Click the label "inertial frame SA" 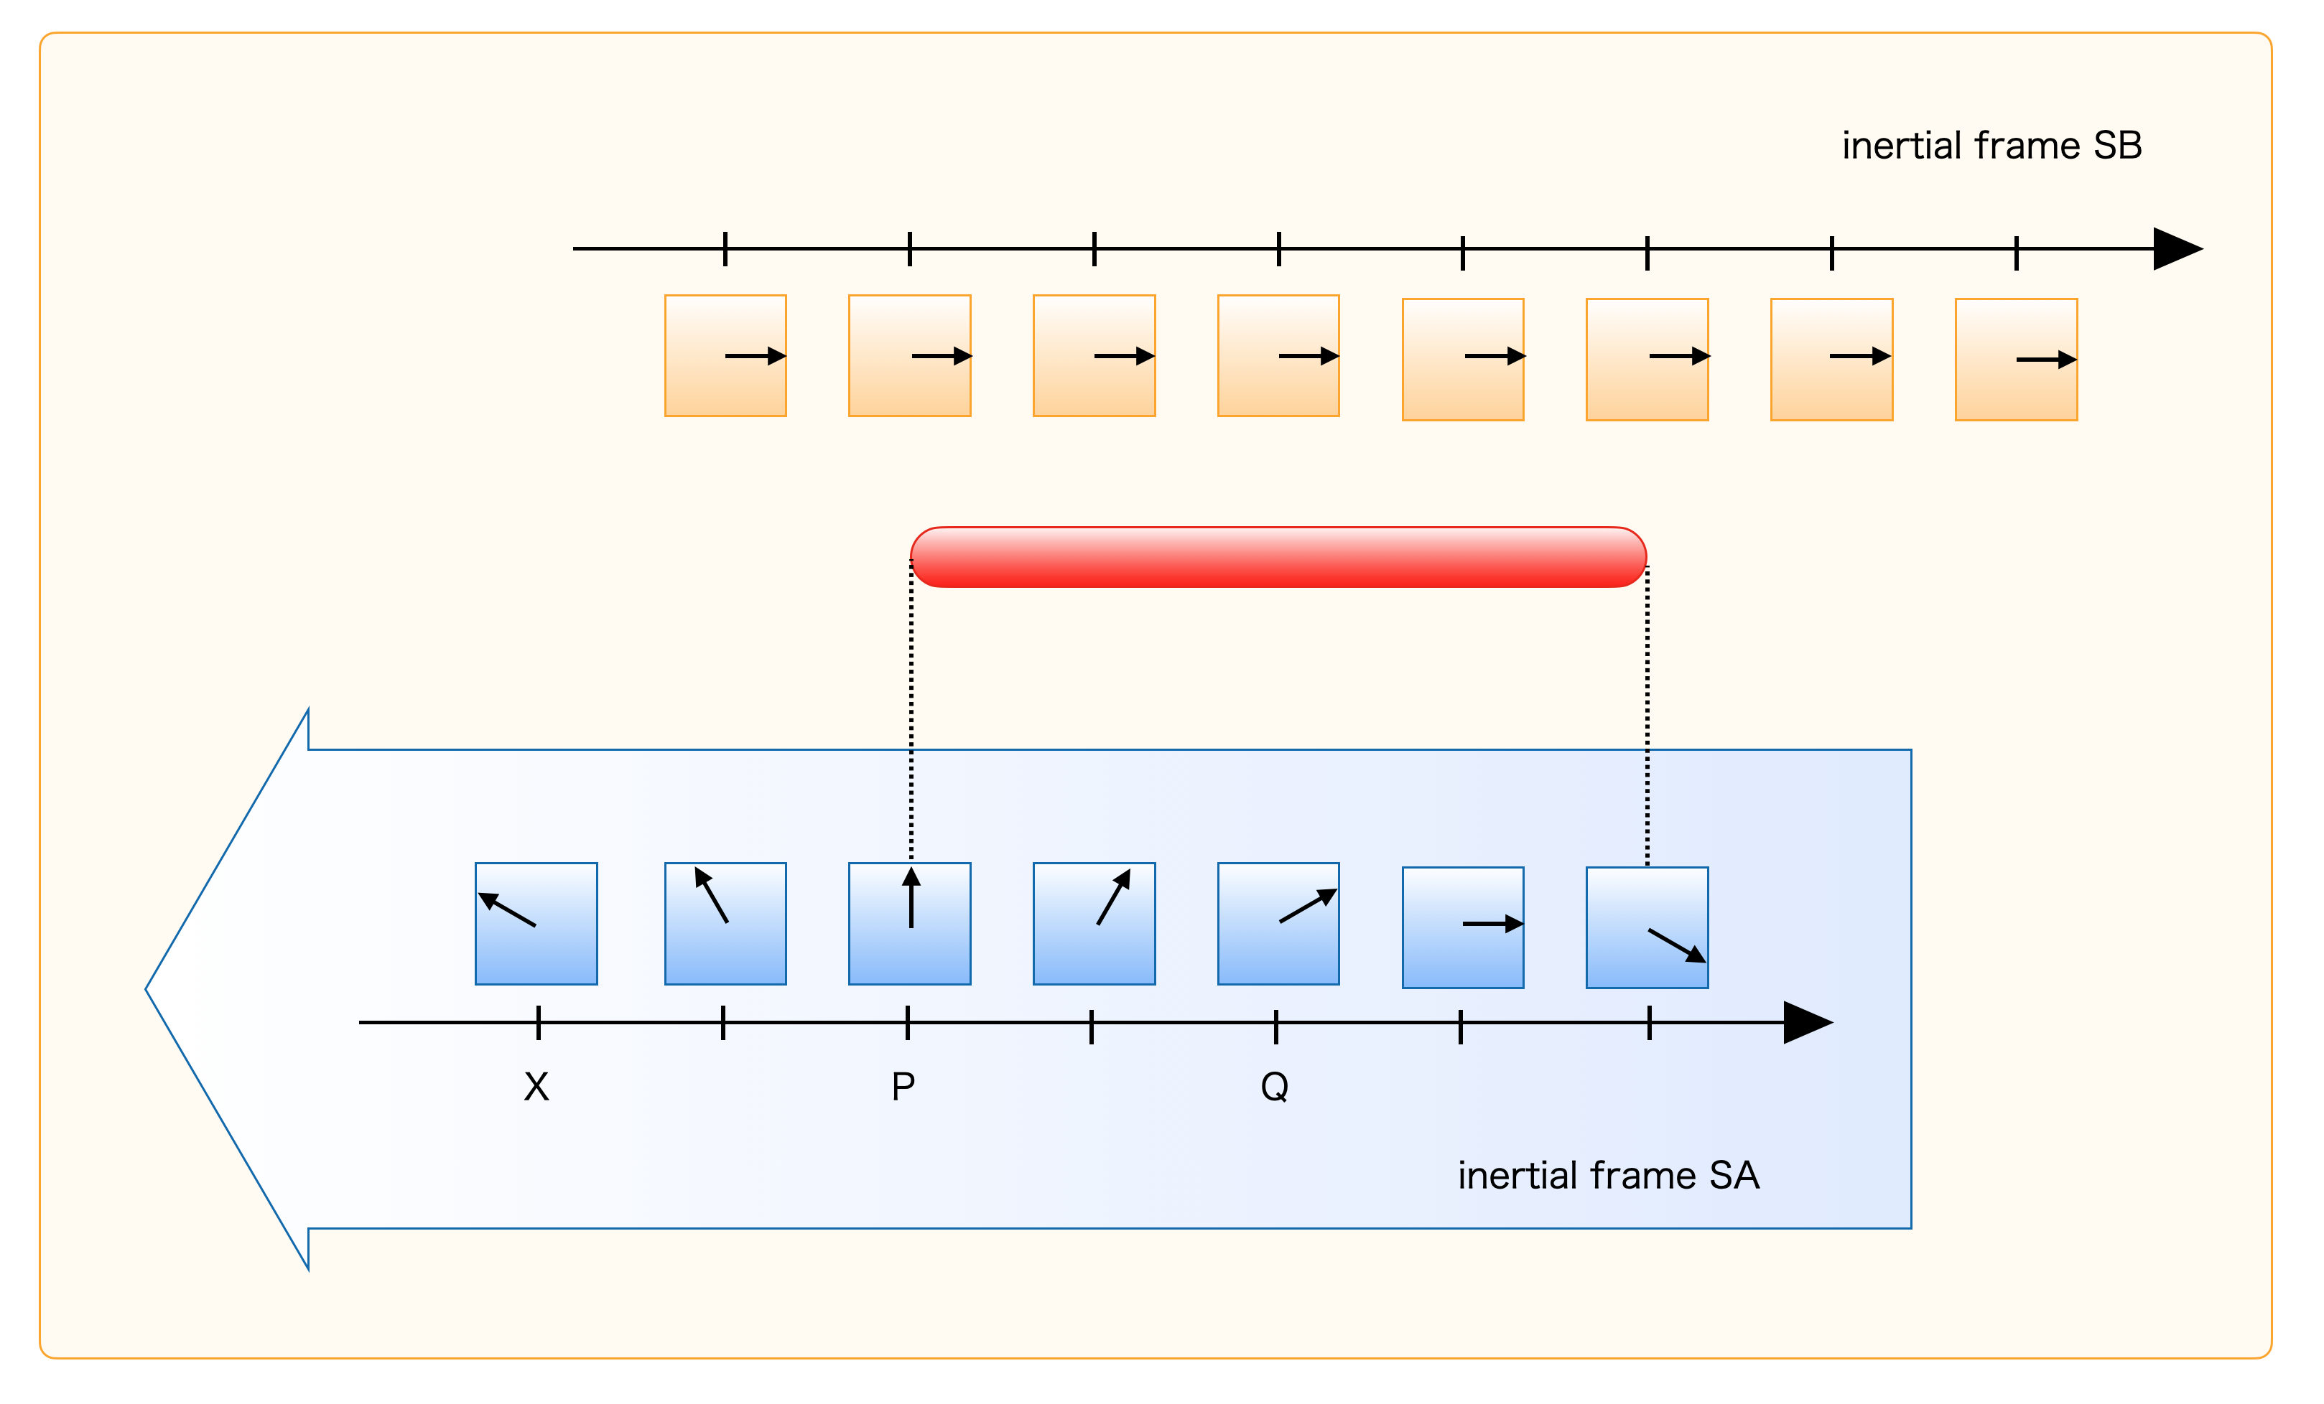click(1608, 1176)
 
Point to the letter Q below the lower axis click(1274, 1087)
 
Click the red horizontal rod click(1278, 557)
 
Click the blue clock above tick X click(536, 924)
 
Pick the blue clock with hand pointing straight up click(909, 924)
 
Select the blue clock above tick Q click(1278, 924)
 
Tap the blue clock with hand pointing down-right click(1647, 928)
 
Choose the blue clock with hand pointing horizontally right click(1463, 928)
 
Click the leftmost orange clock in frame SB click(725, 355)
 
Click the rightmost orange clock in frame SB click(2017, 359)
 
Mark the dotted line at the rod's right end click(1647, 716)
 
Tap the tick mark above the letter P click(907, 1023)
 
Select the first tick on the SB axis click(725, 249)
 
